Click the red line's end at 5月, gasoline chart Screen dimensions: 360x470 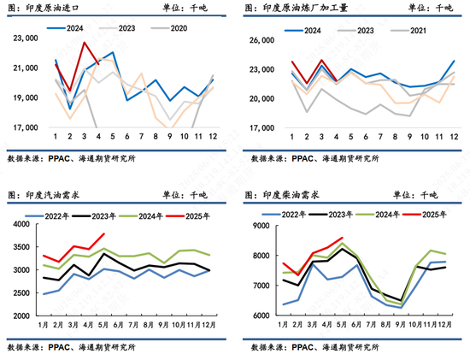104,234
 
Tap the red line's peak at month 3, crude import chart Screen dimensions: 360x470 85,43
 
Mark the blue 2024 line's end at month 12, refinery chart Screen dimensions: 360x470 454,61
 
